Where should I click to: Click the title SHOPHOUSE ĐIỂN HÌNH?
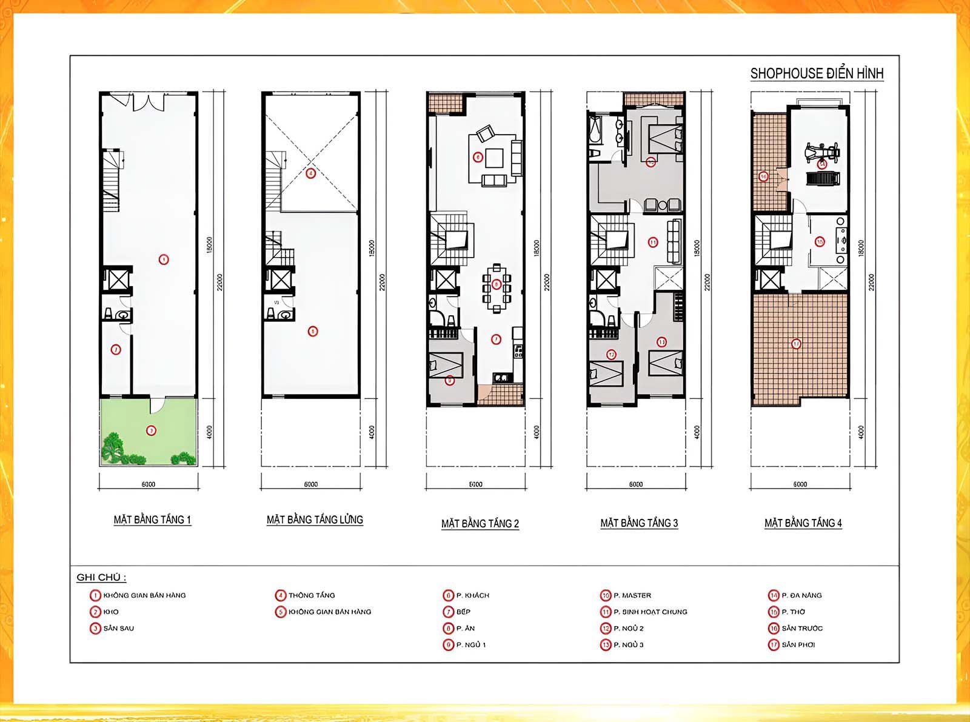(816, 73)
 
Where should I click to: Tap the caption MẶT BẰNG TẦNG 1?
(152, 520)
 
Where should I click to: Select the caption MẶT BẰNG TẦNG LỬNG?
(315, 520)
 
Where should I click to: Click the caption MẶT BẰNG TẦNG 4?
(803, 523)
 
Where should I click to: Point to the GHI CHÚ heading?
(101, 577)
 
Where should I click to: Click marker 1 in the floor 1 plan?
(164, 259)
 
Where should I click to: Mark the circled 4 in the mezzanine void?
(310, 173)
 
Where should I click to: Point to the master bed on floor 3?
(661, 138)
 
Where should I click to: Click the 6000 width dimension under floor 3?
(636, 484)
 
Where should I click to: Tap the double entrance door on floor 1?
(147, 101)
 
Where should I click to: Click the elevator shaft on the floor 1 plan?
(117, 280)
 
